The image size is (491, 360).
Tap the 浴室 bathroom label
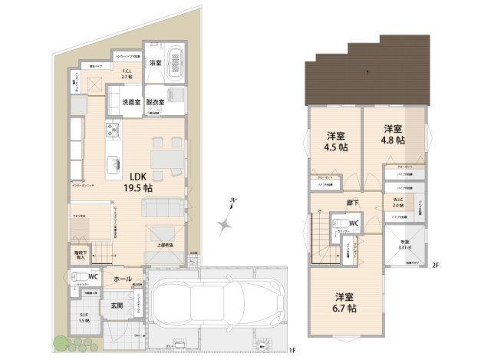pos(155,62)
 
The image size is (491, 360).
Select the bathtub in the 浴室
pos(177,61)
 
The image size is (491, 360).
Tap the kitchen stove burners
pos(112,128)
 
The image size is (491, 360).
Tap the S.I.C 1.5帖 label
pos(84,317)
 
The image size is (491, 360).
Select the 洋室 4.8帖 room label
pos(394,134)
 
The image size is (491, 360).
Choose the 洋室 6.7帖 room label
pos(344,302)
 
